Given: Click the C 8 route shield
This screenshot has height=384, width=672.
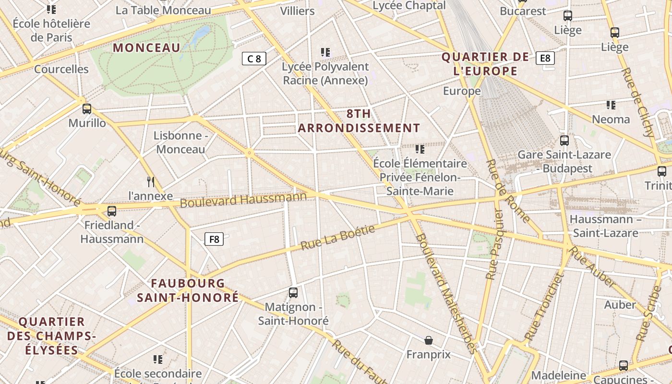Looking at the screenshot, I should (x=254, y=59).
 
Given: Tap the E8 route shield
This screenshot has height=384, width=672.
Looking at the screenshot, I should (x=545, y=58).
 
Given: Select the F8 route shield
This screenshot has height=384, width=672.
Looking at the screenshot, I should (x=214, y=239).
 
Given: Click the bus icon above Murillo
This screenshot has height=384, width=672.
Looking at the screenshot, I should (x=87, y=109).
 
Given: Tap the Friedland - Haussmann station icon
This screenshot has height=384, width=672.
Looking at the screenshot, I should (x=112, y=211).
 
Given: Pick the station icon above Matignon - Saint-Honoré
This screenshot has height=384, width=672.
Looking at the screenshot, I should (x=293, y=292).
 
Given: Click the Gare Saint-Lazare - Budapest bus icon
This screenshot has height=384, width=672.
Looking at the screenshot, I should (x=564, y=141).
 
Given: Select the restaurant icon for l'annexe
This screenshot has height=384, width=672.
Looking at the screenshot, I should (x=151, y=181).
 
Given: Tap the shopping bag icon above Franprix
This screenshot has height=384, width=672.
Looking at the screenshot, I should (x=429, y=340).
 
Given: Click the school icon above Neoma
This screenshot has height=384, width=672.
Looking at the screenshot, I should (x=611, y=105).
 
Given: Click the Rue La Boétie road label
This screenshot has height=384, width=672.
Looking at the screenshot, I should (x=337, y=238).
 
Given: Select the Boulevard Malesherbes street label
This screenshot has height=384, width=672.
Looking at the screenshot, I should (x=447, y=293).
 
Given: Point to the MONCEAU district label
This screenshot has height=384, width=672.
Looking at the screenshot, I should (x=147, y=48).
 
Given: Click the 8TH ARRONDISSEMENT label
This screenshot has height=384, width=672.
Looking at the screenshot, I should (x=359, y=121).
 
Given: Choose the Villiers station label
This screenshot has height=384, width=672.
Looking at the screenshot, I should (x=298, y=11).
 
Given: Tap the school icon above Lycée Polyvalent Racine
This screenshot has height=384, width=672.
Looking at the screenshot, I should (x=325, y=52).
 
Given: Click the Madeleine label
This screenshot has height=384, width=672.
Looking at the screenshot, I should (x=559, y=375).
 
